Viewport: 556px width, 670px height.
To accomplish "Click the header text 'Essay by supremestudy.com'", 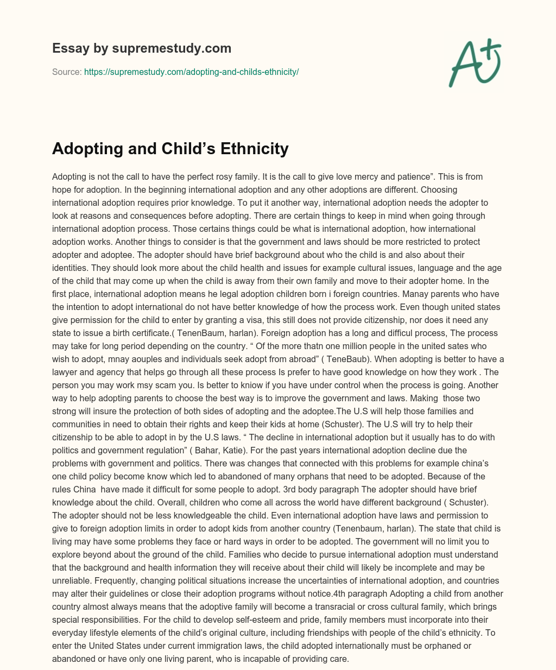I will tap(142, 48).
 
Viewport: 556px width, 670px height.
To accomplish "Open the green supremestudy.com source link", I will tap(191, 72).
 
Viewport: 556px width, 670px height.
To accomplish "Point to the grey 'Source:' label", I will tap(67, 72).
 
